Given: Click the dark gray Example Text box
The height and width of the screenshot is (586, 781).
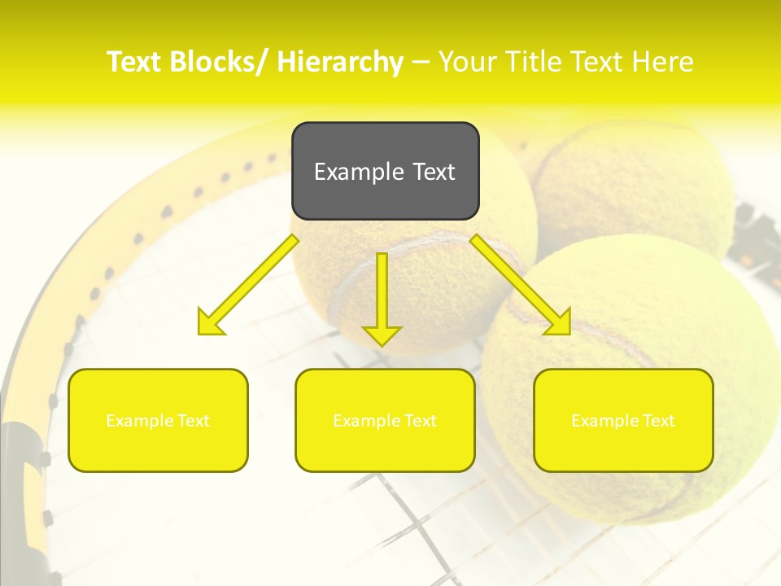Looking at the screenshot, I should [x=385, y=171].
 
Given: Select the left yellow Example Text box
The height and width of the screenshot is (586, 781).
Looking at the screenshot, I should [x=158, y=420].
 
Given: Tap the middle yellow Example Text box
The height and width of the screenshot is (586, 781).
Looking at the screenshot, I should [x=385, y=420].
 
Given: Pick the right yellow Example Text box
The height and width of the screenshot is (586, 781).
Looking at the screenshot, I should [x=623, y=420].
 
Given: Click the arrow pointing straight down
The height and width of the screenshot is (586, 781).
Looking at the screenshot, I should [x=382, y=297].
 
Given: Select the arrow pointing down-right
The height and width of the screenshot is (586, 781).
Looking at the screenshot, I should [x=521, y=285].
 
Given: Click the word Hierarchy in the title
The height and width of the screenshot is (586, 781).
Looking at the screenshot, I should [x=340, y=62].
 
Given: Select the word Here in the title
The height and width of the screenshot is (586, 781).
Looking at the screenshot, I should [x=662, y=62].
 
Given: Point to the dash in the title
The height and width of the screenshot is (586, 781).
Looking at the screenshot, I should [x=421, y=62].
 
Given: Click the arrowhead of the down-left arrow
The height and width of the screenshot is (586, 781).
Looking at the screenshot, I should [x=210, y=323].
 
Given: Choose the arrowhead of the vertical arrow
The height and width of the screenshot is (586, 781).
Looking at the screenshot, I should [x=382, y=335].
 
